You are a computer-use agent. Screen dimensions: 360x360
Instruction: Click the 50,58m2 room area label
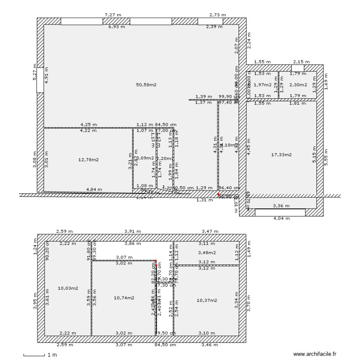click(146, 85)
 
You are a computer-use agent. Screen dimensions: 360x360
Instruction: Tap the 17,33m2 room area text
click(282, 155)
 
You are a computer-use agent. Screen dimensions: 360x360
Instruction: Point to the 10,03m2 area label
click(68, 288)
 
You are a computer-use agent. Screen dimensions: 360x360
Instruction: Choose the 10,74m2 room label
click(124, 298)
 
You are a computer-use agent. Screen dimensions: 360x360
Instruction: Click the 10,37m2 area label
click(207, 300)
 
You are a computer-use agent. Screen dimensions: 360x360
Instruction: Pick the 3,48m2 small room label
click(207, 252)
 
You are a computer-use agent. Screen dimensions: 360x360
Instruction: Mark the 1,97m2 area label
click(263, 85)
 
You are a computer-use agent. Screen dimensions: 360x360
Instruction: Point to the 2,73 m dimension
click(217, 15)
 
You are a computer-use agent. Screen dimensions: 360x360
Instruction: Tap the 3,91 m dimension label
click(132, 231)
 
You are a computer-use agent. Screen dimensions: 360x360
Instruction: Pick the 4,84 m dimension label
click(94, 190)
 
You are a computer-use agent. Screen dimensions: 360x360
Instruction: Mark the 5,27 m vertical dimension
click(35, 72)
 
